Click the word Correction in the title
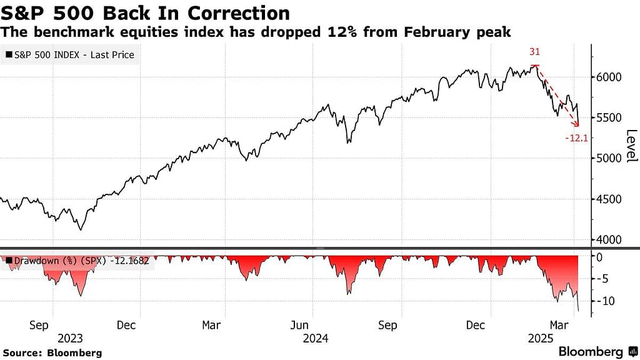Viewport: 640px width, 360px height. (234, 12)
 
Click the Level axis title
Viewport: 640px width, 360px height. (631, 145)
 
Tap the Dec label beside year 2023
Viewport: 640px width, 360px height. (126, 325)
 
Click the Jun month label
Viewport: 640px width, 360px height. (301, 325)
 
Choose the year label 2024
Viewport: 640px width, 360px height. (315, 338)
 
